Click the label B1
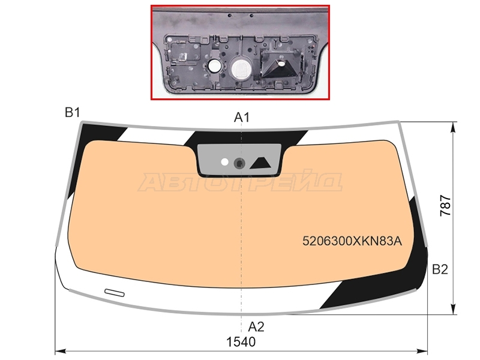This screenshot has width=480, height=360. [72, 113]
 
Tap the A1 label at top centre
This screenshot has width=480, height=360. [242, 117]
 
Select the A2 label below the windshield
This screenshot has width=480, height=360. [256, 327]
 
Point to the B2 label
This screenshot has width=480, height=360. [440, 269]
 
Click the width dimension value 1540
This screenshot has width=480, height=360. [241, 342]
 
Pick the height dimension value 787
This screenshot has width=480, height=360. [446, 206]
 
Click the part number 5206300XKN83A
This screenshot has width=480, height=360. [352, 241]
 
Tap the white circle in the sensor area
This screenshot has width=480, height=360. [224, 162]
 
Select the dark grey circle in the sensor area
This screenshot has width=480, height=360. [239, 163]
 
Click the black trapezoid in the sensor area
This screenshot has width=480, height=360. [261, 163]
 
